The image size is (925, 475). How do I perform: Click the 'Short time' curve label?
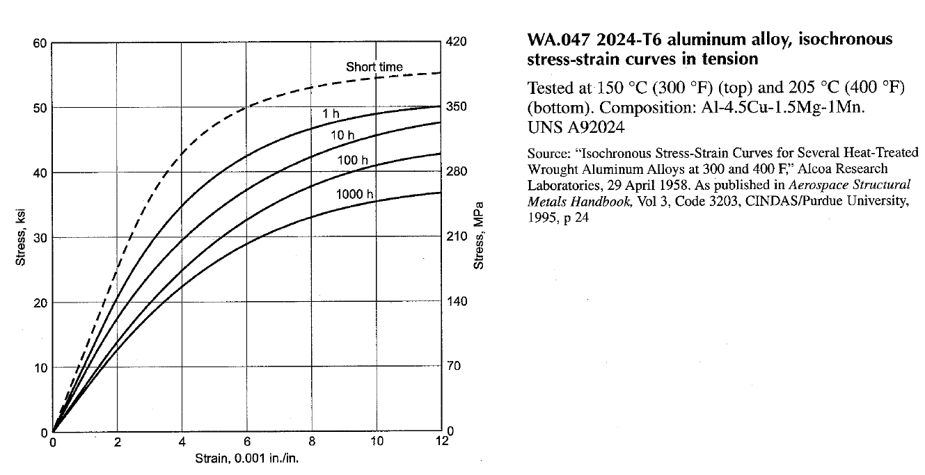coord(374,67)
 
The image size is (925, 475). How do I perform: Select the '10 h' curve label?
coord(342,135)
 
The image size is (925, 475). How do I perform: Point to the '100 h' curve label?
coord(357,161)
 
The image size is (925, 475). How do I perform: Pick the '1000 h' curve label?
coord(355,194)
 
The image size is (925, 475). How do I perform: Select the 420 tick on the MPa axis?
coord(457,43)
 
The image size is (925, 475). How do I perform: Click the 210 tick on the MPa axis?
coord(457,237)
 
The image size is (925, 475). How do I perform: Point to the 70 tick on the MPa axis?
coord(454,367)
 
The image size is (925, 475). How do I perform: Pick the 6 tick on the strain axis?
coord(247,442)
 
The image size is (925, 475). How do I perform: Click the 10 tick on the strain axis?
coord(376,442)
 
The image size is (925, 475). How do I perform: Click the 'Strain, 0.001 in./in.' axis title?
coord(247,460)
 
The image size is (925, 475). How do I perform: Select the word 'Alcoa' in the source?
coord(823,169)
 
